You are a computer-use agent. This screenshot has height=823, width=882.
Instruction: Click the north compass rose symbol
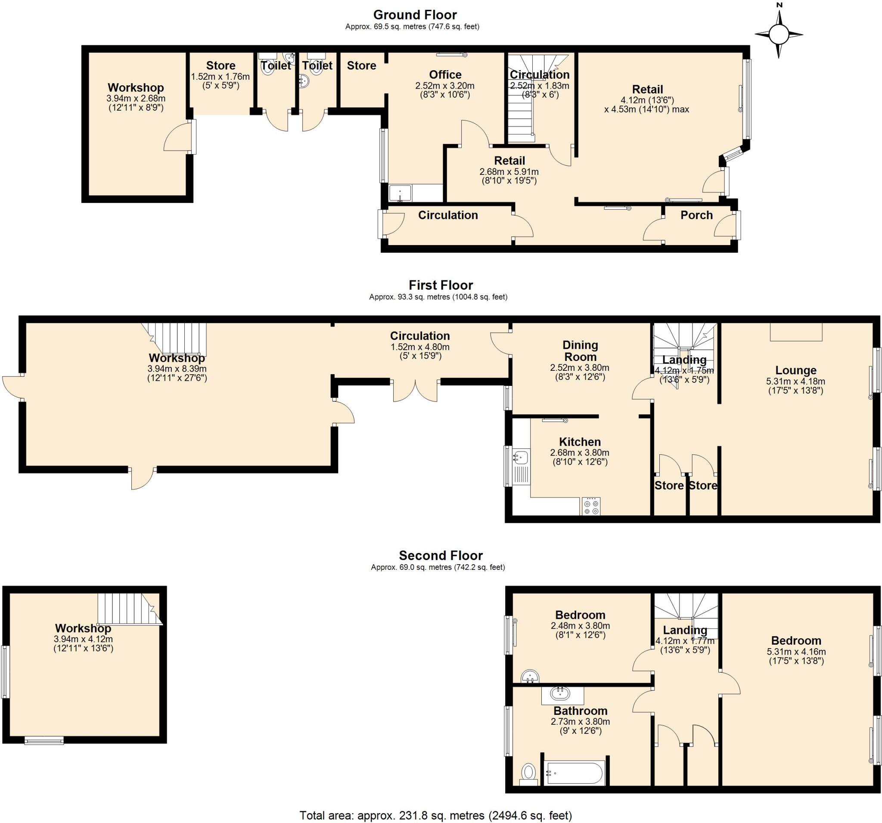click(779, 34)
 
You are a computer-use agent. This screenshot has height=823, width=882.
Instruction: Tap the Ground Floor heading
click(414, 15)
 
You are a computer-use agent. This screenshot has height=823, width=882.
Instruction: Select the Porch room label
click(696, 215)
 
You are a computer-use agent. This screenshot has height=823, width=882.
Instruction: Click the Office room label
click(444, 75)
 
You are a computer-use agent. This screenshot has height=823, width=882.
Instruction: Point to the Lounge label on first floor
click(795, 370)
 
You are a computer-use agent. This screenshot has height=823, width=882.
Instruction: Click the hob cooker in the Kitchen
click(591, 506)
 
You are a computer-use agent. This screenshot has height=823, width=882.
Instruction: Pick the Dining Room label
click(580, 351)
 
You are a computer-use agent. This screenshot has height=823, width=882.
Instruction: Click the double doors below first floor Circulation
click(415, 391)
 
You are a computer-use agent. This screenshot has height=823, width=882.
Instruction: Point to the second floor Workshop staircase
click(128, 609)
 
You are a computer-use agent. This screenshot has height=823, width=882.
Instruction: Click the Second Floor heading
click(440, 555)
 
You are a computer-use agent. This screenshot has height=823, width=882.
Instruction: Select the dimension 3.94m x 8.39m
click(177, 369)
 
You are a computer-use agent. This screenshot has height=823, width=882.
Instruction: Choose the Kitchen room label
click(579, 442)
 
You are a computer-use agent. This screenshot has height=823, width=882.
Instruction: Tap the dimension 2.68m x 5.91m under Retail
click(509, 172)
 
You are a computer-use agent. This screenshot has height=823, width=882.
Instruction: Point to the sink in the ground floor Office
click(400, 193)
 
